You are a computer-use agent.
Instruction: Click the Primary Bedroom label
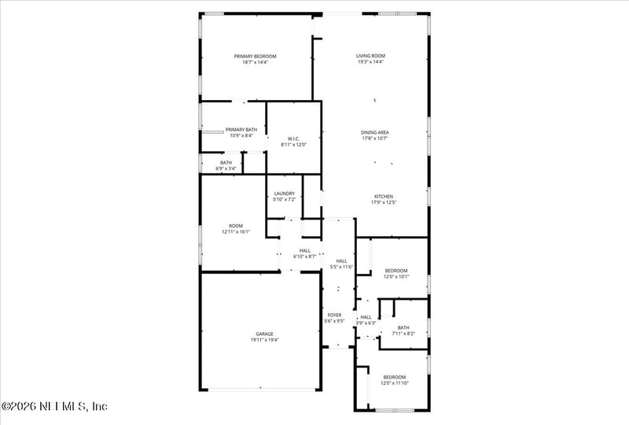256,56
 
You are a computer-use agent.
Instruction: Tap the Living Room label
370,56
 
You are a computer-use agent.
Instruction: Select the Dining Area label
375,132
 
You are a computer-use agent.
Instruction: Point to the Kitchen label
383,196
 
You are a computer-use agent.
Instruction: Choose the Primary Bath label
241,129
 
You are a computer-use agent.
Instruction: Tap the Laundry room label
285,194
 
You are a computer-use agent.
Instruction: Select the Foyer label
334,315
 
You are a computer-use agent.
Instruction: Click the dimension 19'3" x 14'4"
370,62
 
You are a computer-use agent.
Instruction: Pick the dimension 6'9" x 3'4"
226,168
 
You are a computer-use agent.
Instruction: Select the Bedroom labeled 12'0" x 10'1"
396,270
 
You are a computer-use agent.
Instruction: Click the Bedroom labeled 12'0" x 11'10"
395,377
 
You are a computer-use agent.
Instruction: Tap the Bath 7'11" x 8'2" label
403,327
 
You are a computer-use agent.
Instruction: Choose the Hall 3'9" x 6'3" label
366,317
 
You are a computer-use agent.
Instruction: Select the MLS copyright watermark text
54,407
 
